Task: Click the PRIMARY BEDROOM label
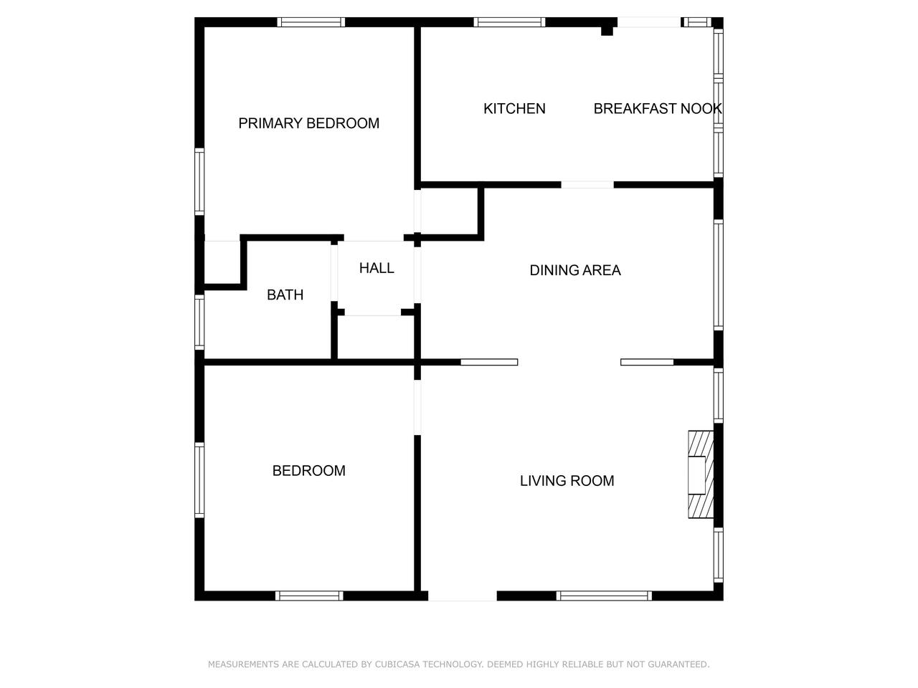coord(308,123)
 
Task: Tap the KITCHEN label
coord(514,109)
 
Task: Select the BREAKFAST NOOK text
coord(657,109)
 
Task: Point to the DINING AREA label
coord(575,270)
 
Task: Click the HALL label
coord(377,268)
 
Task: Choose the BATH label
coord(285,295)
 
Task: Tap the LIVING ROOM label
coord(567,481)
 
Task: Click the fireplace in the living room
coord(701,474)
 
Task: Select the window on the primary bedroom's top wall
coord(311,22)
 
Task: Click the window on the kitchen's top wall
coord(509,22)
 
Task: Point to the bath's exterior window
coord(199,322)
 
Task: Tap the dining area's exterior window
coord(718,275)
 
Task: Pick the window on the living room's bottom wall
coord(604,596)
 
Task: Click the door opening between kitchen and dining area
coord(587,185)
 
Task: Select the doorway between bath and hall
coord(334,273)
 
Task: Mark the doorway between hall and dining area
coord(417,275)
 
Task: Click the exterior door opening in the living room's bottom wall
coord(463,596)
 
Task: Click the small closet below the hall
coord(376,337)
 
